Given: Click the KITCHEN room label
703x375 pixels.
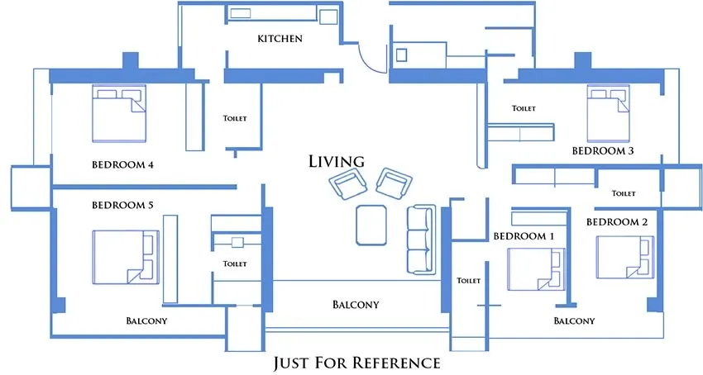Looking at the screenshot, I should pyautogui.click(x=280, y=39).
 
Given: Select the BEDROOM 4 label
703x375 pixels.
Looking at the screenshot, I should pyautogui.click(x=122, y=164).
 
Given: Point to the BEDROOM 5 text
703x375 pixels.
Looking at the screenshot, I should pyautogui.click(x=122, y=204).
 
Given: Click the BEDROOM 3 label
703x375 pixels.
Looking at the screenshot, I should pyautogui.click(x=603, y=151).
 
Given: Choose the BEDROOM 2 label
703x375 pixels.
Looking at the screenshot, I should pyautogui.click(x=617, y=222).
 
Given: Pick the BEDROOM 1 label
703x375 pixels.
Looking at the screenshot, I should pyautogui.click(x=524, y=236).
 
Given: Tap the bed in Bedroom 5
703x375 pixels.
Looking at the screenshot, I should pyautogui.click(x=125, y=256).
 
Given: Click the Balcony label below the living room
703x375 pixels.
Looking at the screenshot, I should pyautogui.click(x=356, y=305).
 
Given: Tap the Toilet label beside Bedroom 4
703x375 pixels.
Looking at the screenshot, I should pyautogui.click(x=235, y=118).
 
